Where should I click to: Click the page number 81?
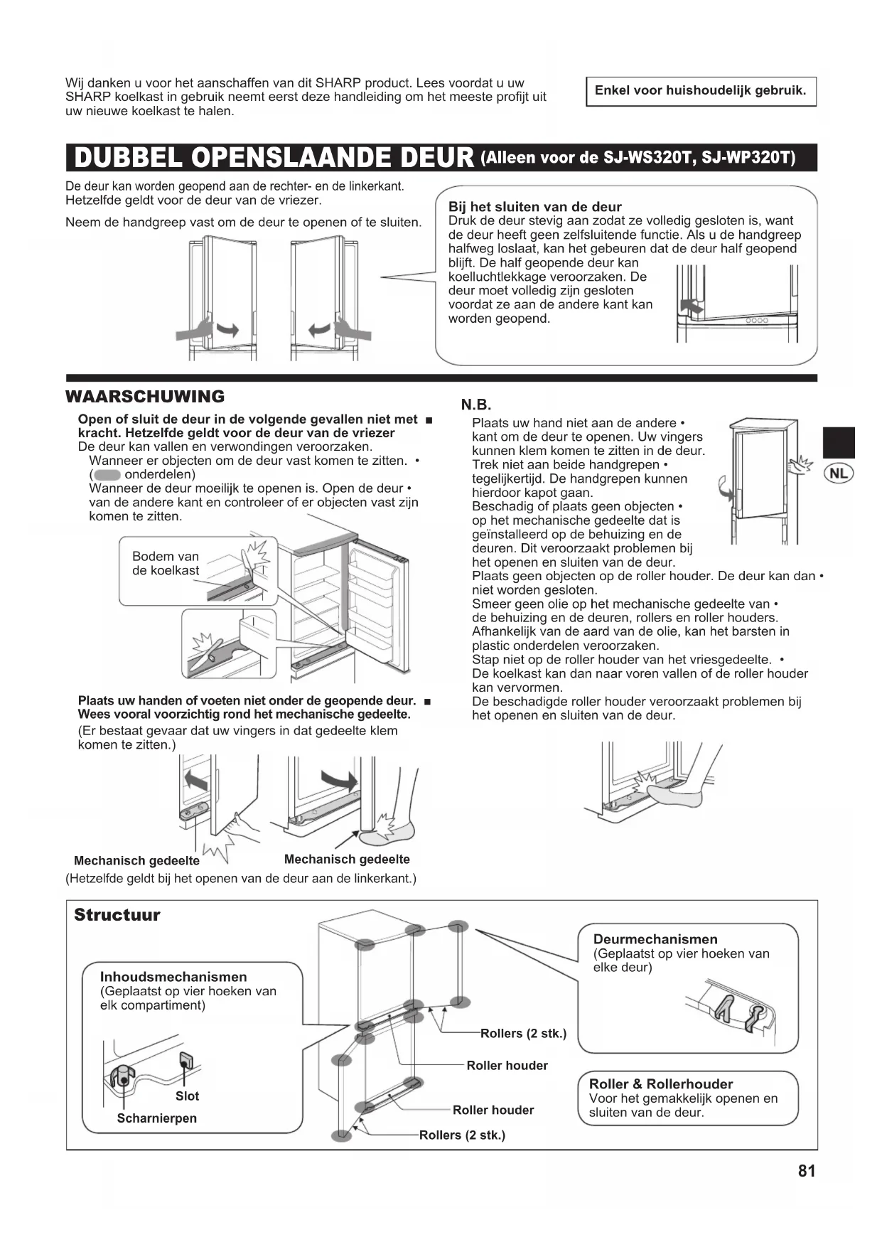point(806,1171)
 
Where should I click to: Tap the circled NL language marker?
point(839,473)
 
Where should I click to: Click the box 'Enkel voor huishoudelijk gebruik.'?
point(700,91)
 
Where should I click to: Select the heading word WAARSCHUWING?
point(145,397)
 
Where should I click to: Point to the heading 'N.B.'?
point(476,405)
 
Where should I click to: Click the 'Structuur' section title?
point(117,915)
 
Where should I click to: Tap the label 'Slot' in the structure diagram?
point(187,1096)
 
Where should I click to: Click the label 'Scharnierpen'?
point(156,1118)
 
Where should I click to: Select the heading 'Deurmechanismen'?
point(655,939)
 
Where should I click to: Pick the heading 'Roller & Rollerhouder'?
point(660,1084)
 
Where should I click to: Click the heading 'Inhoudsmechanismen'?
point(173,977)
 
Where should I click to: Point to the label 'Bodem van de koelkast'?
point(166,563)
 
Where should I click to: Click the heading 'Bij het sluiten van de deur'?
point(534,207)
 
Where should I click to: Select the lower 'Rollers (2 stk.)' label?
point(462,1135)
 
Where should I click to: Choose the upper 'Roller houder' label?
point(507,1066)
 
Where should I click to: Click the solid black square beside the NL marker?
point(838,442)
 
